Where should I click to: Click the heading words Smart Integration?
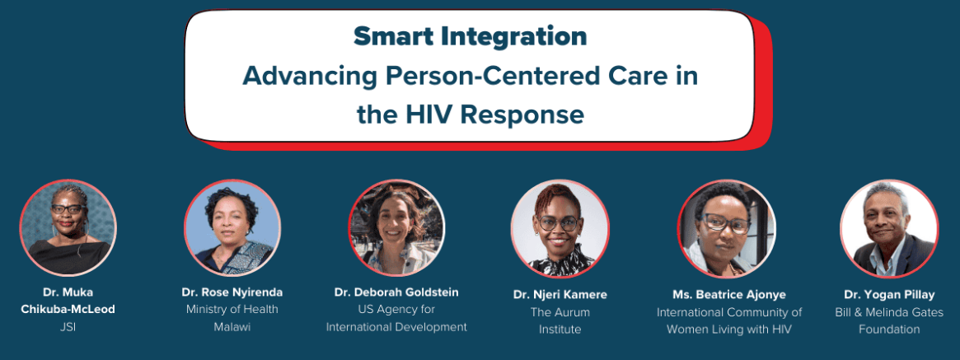[470, 37]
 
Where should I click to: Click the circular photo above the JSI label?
[68, 227]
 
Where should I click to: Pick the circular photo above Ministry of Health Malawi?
[232, 227]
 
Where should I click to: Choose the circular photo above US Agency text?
[396, 227]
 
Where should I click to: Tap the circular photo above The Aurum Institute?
[560, 228]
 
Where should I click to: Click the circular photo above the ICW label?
[727, 228]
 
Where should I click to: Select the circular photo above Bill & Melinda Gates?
[889, 228]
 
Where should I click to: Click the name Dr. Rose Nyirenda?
[232, 292]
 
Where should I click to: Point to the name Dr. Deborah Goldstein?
[396, 292]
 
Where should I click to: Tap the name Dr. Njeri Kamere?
[560, 294]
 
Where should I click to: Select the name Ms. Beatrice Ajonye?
[729, 294]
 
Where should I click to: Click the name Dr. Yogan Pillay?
[889, 294]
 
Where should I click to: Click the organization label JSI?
[68, 327]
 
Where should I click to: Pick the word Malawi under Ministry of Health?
[232, 327]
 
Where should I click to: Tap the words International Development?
[396, 327]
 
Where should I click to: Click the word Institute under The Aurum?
[560, 330]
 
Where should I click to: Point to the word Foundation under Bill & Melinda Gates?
[889, 330]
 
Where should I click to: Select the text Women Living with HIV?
[729, 330]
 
